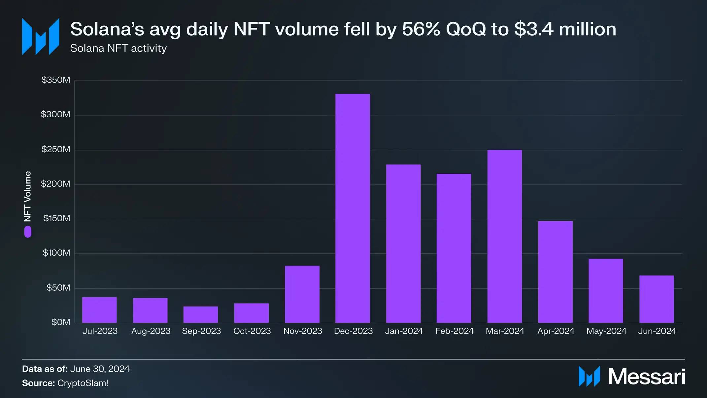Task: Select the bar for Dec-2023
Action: tap(353, 208)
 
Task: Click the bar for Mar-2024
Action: tap(504, 236)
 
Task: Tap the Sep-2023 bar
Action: tap(201, 314)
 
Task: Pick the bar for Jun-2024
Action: tap(656, 299)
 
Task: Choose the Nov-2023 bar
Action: tap(302, 294)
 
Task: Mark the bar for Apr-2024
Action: tap(555, 272)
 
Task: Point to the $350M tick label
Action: tap(56, 80)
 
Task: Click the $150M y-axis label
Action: tap(57, 218)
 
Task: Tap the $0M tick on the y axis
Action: tap(61, 322)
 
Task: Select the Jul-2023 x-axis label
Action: tap(100, 331)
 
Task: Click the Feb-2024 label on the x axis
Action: tap(454, 331)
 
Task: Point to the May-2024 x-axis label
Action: tap(606, 331)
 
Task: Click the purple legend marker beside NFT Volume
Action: tap(28, 232)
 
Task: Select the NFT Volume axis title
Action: tap(28, 197)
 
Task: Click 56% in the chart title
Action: tap(421, 29)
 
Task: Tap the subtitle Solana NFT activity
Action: tap(118, 48)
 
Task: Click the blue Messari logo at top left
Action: tap(41, 36)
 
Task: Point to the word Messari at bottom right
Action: tap(647, 377)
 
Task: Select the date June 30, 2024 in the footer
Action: tap(100, 369)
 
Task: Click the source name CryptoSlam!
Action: tap(83, 383)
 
